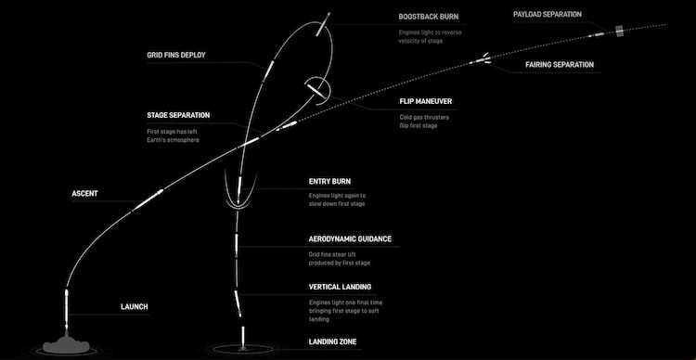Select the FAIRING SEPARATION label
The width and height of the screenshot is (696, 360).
pos(560,65)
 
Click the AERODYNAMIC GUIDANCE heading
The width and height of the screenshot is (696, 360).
pos(350,238)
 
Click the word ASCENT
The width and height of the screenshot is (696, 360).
pos(85,194)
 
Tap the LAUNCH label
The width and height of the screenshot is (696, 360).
pos(135,306)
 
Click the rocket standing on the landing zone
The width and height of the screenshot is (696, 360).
pos(244,335)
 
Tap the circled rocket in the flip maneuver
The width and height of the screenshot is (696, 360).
pos(316,90)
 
